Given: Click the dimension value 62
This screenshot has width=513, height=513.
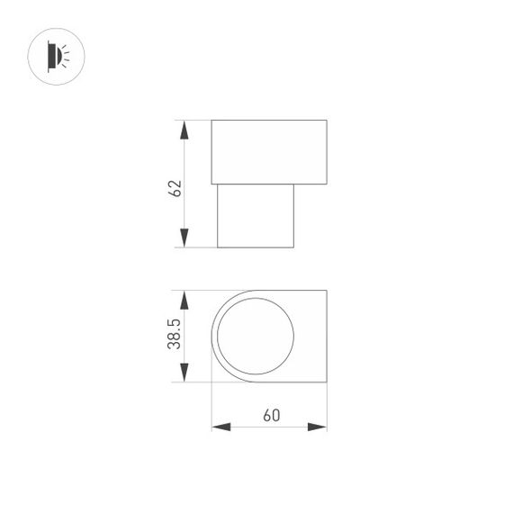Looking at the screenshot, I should click(x=176, y=188).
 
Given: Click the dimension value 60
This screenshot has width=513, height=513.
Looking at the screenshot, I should click(x=270, y=416).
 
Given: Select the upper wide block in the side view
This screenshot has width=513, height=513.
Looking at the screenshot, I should click(x=268, y=151).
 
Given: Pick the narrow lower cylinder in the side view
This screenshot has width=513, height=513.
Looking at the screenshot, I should click(x=256, y=216).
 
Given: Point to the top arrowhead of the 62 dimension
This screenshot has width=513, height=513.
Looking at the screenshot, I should click(x=184, y=128).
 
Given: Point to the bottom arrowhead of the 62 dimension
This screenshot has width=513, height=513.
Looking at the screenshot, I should click(x=184, y=238).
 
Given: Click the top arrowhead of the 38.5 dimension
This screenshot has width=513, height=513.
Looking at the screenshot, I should click(x=184, y=300).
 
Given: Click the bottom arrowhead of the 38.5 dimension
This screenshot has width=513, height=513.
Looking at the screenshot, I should click(x=184, y=373).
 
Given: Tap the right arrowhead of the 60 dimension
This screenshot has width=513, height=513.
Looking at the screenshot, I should click(x=318, y=426).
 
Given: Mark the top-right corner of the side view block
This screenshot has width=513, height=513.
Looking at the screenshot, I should click(x=326, y=119).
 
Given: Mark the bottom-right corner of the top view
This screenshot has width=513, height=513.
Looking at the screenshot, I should click(x=326, y=382).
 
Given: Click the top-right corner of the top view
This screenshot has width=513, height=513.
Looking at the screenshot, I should click(x=326, y=291).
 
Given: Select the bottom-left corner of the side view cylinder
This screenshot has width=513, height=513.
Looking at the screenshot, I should click(x=218, y=247).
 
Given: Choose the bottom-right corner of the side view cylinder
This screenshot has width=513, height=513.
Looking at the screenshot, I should click(x=295, y=247).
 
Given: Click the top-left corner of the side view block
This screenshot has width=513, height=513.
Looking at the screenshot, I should click(x=211, y=119).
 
